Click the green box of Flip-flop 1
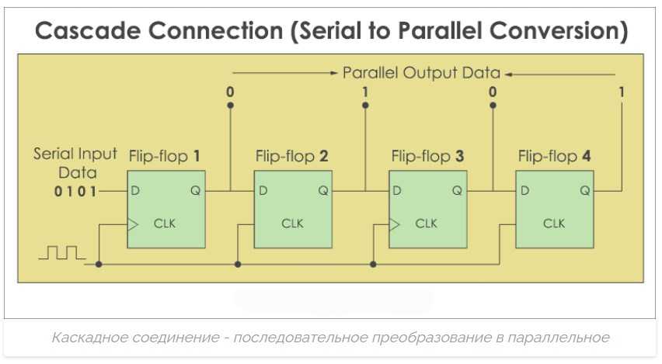[166, 210]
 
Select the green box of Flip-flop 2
[294, 210]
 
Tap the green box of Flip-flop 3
[427, 210]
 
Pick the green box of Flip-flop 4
[554, 210]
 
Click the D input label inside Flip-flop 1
[136, 190]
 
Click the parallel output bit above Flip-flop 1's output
[230, 92]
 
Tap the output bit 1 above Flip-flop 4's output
[622, 92]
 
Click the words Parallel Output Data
[422, 73]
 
